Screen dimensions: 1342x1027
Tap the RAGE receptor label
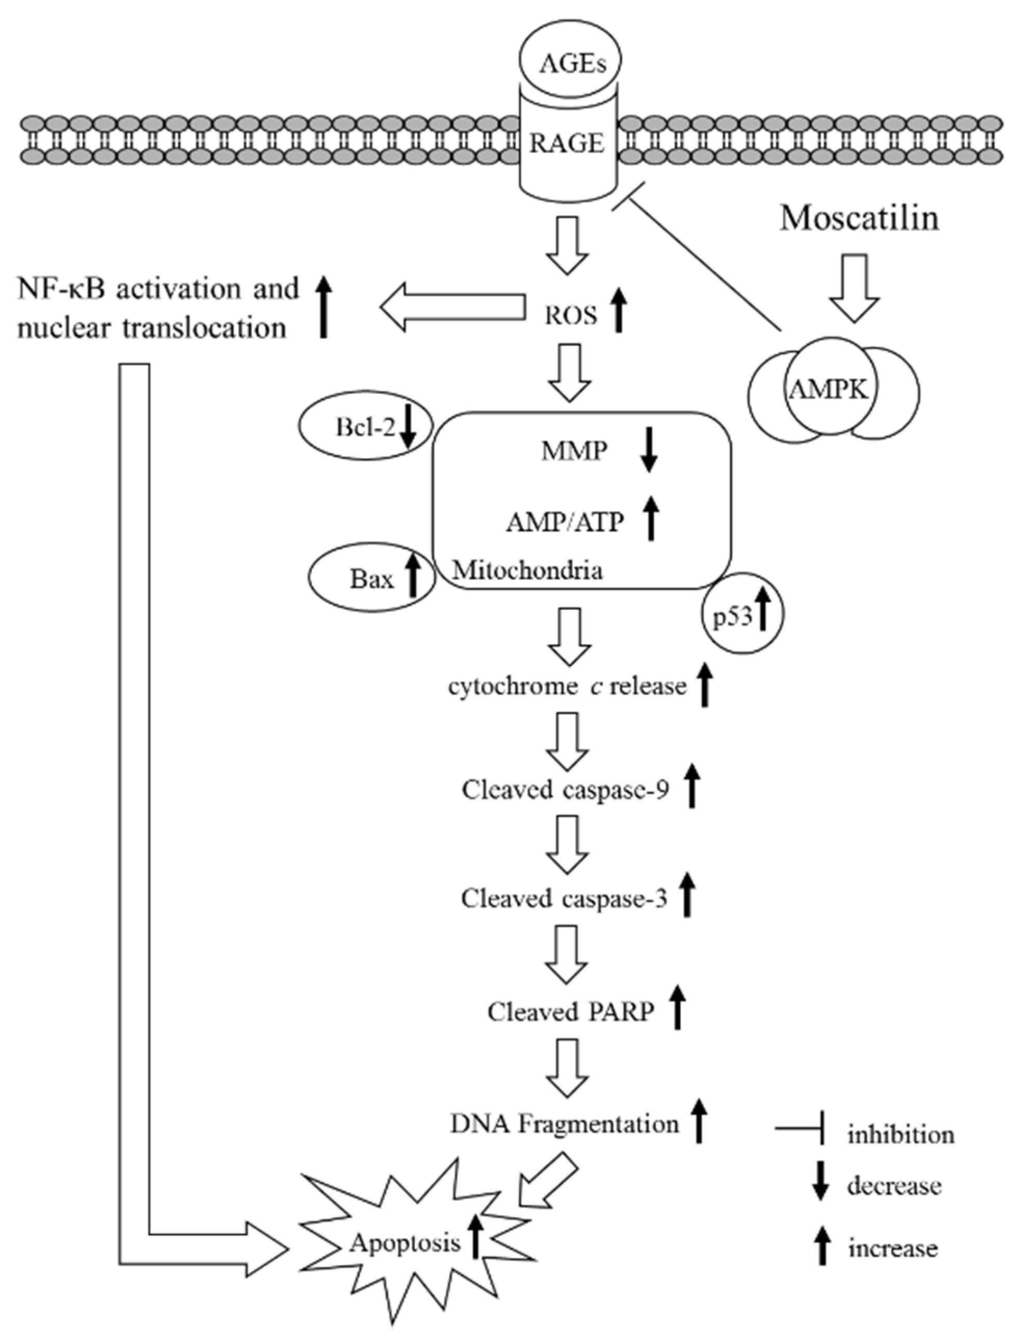(567, 144)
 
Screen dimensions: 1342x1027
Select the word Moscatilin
(859, 218)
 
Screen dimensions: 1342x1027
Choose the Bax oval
(371, 578)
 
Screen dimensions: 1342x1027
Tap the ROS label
(570, 315)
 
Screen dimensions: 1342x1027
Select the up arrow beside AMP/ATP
(651, 519)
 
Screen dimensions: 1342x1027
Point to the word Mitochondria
(527, 570)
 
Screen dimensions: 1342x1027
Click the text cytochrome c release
(567, 687)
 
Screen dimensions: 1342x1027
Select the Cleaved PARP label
(570, 1012)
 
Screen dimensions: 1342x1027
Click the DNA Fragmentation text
(564, 1124)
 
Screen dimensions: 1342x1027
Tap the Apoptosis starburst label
(405, 1243)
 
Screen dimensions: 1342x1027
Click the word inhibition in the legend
(900, 1135)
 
